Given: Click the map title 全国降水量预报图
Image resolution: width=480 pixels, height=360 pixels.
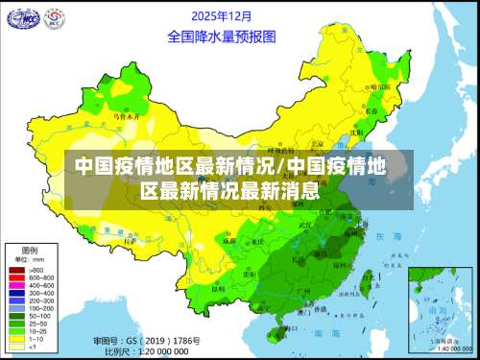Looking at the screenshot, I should (222, 36).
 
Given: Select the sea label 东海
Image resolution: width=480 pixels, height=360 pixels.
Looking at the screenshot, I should (390, 235).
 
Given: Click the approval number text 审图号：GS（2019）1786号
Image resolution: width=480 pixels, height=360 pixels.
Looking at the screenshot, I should (139, 342).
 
